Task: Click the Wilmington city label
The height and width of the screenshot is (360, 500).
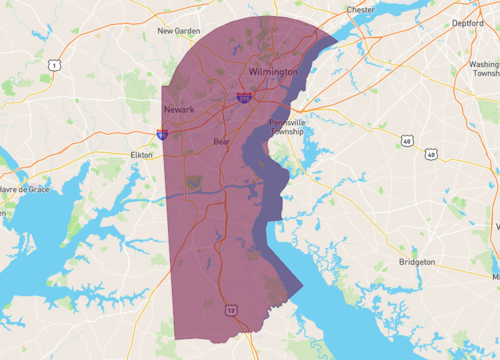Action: [273, 73]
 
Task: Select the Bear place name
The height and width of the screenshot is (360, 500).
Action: [222, 142]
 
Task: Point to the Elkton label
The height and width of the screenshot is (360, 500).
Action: [142, 155]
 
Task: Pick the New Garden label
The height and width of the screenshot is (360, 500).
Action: [179, 31]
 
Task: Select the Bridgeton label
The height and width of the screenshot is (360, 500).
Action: [416, 261]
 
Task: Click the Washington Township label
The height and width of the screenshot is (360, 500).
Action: [485, 68]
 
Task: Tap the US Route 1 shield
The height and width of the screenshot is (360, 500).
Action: [54, 63]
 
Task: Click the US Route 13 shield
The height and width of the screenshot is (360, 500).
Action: [231, 312]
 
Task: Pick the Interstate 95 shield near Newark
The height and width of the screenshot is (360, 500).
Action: [162, 133]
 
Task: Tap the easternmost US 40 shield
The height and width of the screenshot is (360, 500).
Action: [431, 154]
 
